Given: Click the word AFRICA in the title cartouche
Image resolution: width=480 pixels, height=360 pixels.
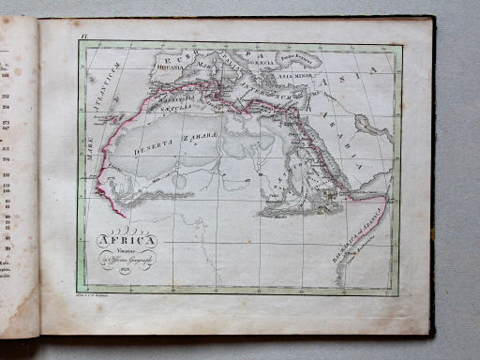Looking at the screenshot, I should click(x=130, y=237).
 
